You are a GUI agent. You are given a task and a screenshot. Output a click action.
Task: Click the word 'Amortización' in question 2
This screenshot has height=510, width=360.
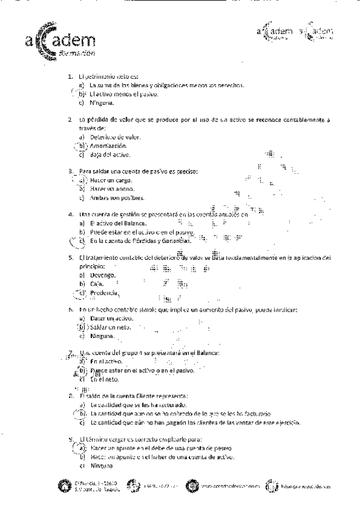[108, 146]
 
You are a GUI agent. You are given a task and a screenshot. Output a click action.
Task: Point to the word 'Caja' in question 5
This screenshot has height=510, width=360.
[97, 283]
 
